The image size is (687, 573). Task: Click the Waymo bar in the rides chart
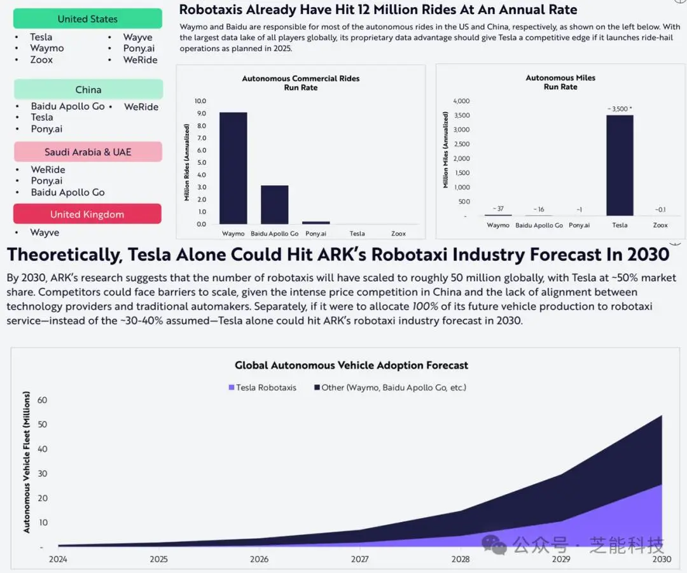pos(233,168)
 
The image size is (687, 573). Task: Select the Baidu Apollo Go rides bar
pos(274,204)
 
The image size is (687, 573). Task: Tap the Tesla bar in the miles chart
pos(620,166)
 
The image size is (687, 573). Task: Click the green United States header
pos(88,19)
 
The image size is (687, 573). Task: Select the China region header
pos(88,90)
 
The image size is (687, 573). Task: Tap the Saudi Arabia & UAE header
pos(88,152)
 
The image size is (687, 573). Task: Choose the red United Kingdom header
pos(87,215)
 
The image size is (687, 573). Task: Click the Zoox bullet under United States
pos(41,60)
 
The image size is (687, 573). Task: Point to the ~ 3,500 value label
pos(619,109)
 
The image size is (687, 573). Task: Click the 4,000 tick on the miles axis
pos(461,101)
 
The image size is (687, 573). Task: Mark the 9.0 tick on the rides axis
pos(200,113)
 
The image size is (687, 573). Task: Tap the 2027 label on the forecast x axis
pos(359,559)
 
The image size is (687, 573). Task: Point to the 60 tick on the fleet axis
pos(43,400)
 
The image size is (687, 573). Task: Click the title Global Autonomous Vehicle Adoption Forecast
pos(351,365)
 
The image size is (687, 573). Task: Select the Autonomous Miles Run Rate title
pos(560,82)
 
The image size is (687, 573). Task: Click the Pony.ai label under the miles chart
pos(579,225)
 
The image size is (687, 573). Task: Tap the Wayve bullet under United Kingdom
pos(45,232)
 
